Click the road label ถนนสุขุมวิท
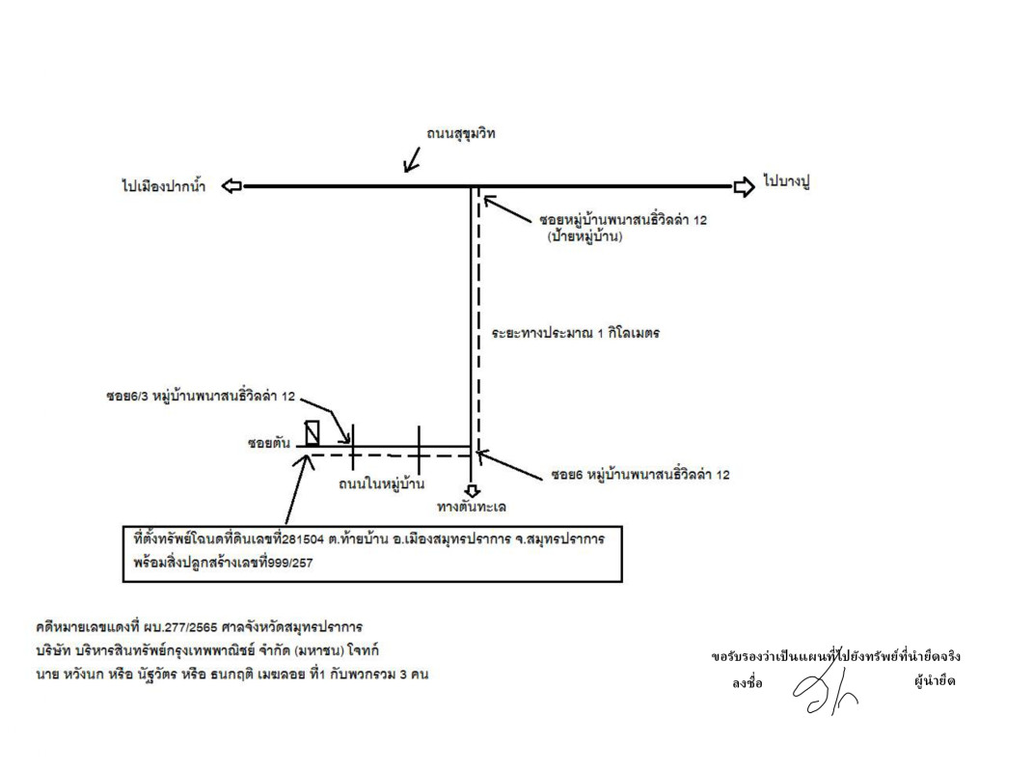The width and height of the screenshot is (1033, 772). coord(460,134)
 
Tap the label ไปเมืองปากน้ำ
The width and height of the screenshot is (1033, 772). coord(163,186)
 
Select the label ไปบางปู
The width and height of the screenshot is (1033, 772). coord(787,181)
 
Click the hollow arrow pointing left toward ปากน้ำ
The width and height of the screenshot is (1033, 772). coord(231,186)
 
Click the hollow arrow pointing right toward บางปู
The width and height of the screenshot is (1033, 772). coord(745,186)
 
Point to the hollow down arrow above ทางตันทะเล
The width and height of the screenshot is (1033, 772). coord(472,491)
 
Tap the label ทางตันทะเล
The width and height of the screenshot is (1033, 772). coord(472,507)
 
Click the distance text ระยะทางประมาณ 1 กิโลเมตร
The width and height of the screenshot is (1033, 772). coord(575,333)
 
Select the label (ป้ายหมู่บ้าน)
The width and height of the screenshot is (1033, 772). coord(584,236)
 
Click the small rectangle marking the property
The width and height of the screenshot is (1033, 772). coord(313,433)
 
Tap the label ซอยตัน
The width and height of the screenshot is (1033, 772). coord(269,443)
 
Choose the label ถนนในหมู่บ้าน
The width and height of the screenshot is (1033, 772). coord(381,483)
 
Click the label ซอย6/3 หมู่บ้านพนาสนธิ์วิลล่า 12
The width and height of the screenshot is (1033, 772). coord(201,397)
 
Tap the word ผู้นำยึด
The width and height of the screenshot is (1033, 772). coord(935,681)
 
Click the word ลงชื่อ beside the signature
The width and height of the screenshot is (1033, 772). coord(748,683)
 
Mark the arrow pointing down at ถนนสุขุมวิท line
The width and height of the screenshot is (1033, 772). coord(412,159)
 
